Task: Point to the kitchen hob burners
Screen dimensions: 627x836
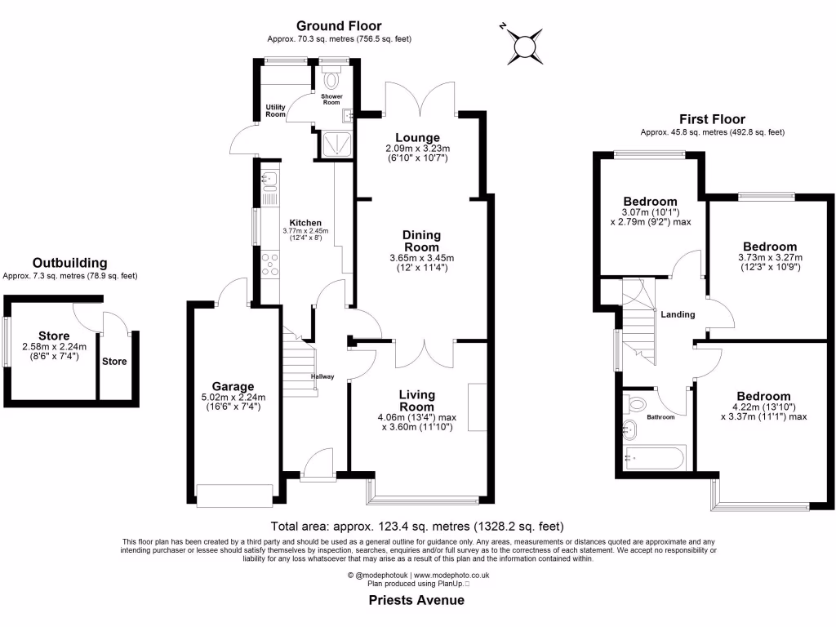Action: [x=270, y=265]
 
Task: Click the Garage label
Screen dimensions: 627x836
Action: [x=233, y=386]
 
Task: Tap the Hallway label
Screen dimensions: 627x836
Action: [x=323, y=376]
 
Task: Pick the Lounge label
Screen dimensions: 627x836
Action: [x=418, y=137]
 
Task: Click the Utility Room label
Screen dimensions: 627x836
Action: [x=276, y=111]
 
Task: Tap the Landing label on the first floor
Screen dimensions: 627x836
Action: [x=678, y=314]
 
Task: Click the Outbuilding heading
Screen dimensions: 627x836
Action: [x=70, y=263]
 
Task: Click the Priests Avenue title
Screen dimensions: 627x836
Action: [x=417, y=600]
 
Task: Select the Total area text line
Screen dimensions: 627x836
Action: [x=417, y=527]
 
